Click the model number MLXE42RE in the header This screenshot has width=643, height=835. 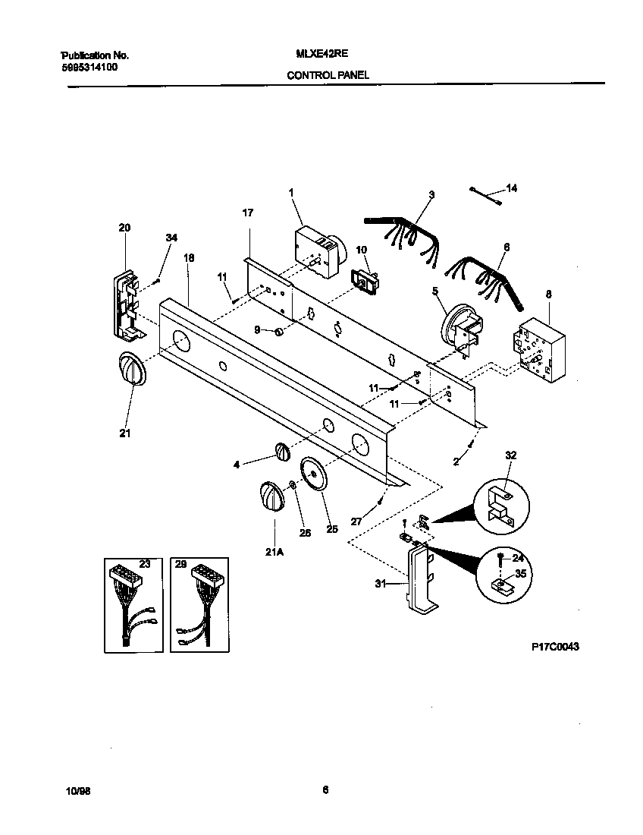tap(317, 55)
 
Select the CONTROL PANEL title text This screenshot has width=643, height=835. tap(327, 75)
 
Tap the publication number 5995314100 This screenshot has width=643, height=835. tap(89, 67)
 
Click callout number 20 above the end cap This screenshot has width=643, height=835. tap(124, 227)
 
